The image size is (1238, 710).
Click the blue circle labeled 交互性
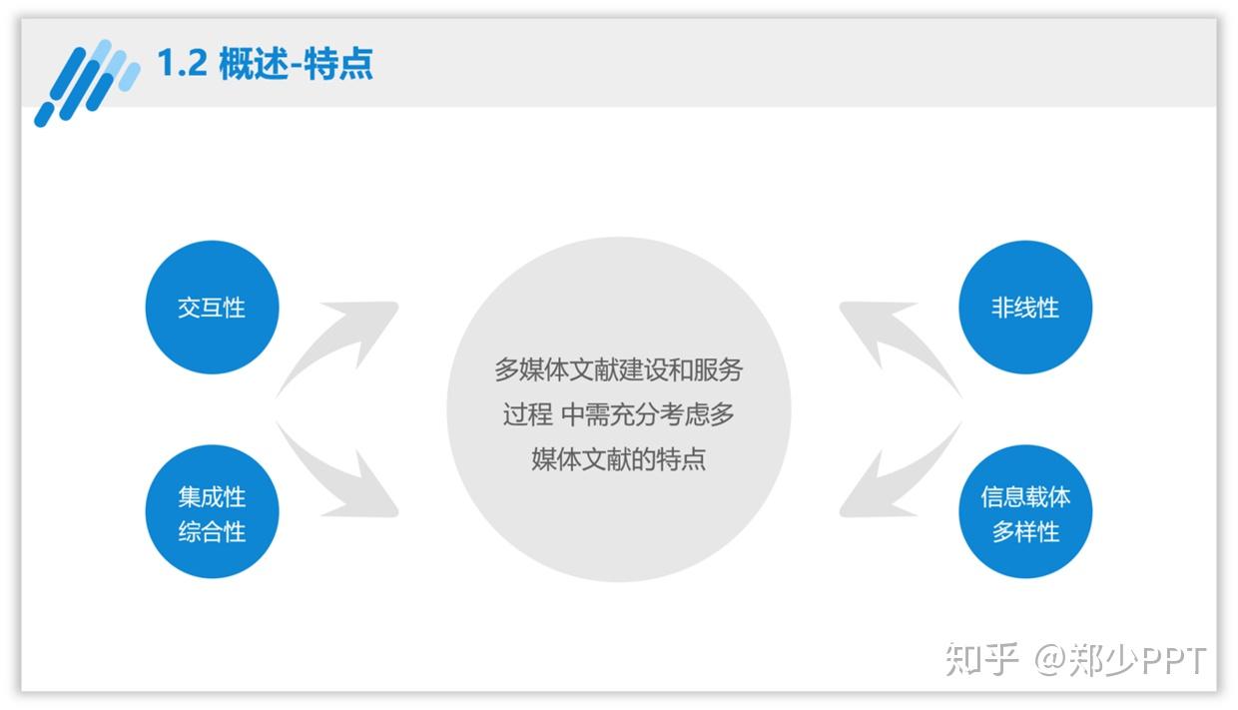[x=213, y=307]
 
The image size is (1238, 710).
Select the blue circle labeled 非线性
[x=1025, y=307]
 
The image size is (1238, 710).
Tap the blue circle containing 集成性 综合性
[x=213, y=511]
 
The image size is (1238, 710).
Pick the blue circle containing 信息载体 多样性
[x=1025, y=511]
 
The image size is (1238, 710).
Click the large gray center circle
[x=618, y=409]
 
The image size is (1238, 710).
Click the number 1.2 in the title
[x=183, y=63]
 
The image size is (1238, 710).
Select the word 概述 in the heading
[x=254, y=63]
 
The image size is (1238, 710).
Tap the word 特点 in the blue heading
[x=338, y=63]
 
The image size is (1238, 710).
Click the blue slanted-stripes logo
[x=87, y=83]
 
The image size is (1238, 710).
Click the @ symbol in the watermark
[x=1050, y=660]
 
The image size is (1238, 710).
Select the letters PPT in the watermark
[x=1173, y=660]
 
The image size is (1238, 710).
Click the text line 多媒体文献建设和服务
[x=618, y=369]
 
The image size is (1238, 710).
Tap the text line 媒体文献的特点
[x=618, y=459]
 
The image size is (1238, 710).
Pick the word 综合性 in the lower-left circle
[x=213, y=532]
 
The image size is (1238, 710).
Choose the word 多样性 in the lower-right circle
[x=1025, y=532]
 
